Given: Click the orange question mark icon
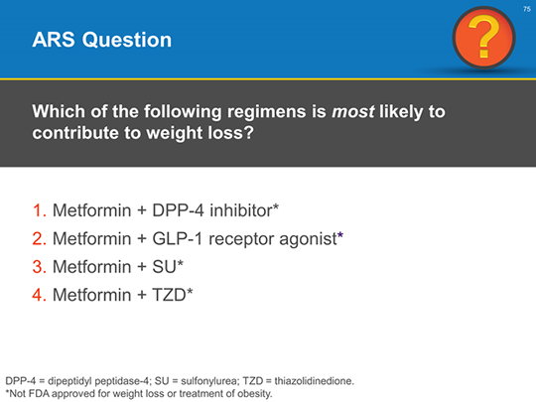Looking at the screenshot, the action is pos(483,38).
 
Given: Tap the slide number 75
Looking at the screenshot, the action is pos(527,9).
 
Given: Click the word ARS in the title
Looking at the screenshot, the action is pos(54,40).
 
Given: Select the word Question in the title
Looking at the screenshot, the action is pos(127,40).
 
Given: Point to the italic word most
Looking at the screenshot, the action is pos(353,112).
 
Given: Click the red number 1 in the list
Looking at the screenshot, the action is pos(39,210).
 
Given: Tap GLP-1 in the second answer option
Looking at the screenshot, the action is pos(178,238).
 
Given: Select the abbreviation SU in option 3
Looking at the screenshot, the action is pos(164,267).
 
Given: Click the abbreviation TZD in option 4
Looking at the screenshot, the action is pos(169,295).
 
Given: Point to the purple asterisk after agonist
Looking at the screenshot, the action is pos(340,235).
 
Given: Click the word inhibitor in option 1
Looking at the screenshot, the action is pos(241,210).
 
